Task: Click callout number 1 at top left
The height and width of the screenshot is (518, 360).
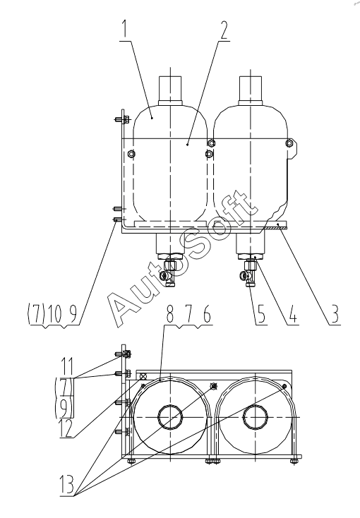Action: coord(125,30)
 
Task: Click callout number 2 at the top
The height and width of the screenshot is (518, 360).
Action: coord(224,30)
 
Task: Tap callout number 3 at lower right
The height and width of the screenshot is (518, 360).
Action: coord(334,314)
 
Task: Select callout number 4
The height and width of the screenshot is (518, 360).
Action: coord(292,314)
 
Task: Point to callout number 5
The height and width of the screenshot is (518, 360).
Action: coord(261,314)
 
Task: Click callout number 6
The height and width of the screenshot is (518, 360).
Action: coord(207,315)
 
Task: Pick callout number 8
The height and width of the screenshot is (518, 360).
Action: coord(170,315)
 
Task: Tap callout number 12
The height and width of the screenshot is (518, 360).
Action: coord(66,428)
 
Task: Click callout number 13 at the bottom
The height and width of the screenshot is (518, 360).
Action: coord(67,485)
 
